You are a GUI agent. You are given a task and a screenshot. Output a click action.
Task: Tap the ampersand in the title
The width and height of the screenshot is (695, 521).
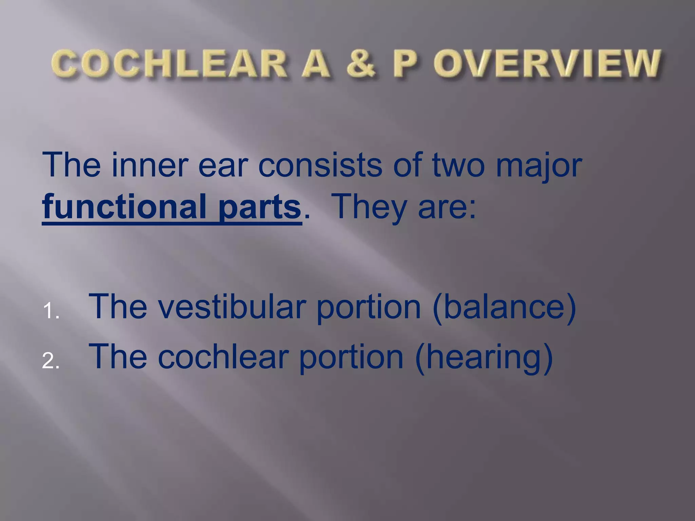click(361, 64)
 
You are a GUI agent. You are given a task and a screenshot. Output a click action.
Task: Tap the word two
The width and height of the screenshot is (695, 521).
click(458, 166)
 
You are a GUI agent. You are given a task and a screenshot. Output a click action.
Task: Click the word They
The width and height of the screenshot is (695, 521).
click(370, 207)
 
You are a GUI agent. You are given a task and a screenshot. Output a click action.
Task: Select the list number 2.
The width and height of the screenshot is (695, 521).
click(51, 361)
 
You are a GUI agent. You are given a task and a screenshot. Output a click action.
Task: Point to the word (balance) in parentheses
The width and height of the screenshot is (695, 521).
click(504, 307)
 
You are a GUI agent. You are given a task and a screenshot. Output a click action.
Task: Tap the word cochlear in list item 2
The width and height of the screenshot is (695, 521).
click(223, 356)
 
